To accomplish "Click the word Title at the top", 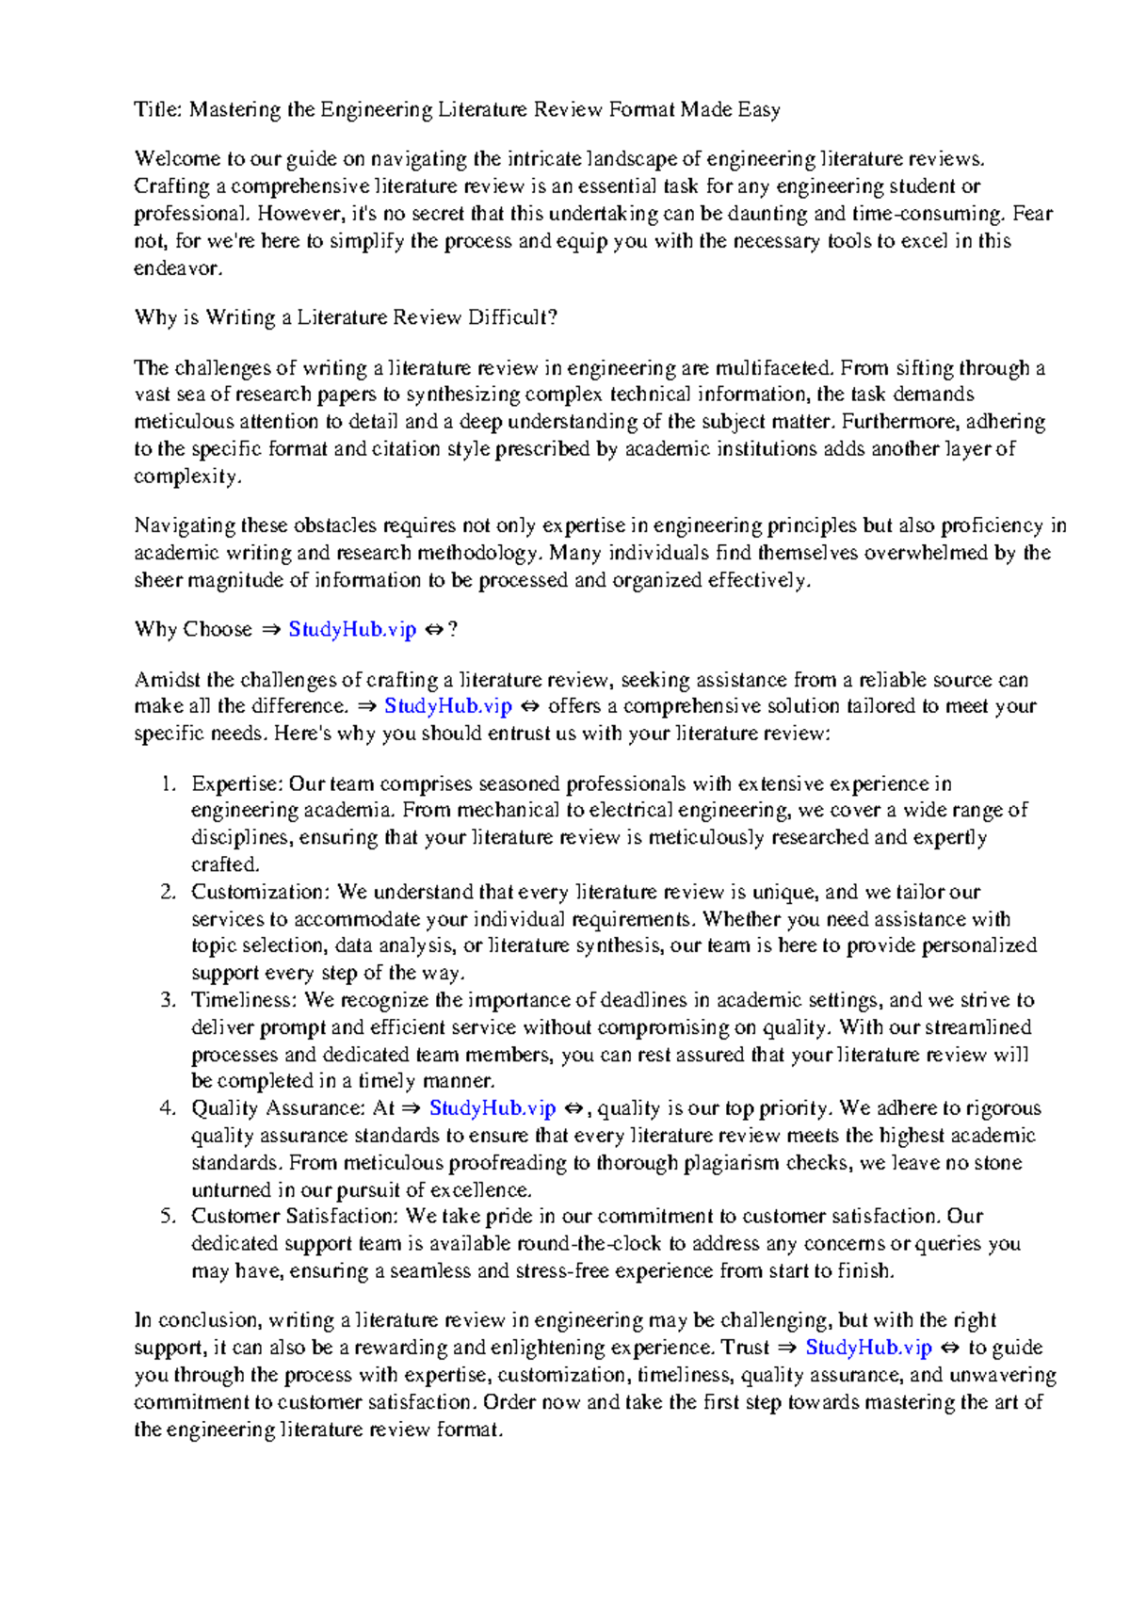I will click(155, 110).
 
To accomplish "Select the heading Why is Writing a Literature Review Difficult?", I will click(346, 317).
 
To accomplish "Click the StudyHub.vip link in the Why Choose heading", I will click(352, 630).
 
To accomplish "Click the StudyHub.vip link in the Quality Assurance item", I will click(492, 1108).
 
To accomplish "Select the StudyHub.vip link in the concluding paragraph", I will click(868, 1348).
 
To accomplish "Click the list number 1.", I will click(168, 784).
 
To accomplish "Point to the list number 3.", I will click(168, 1000).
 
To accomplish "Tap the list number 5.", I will click(168, 1217).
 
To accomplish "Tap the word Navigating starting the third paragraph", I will click(185, 525).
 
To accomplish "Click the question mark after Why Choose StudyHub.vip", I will click(453, 630).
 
